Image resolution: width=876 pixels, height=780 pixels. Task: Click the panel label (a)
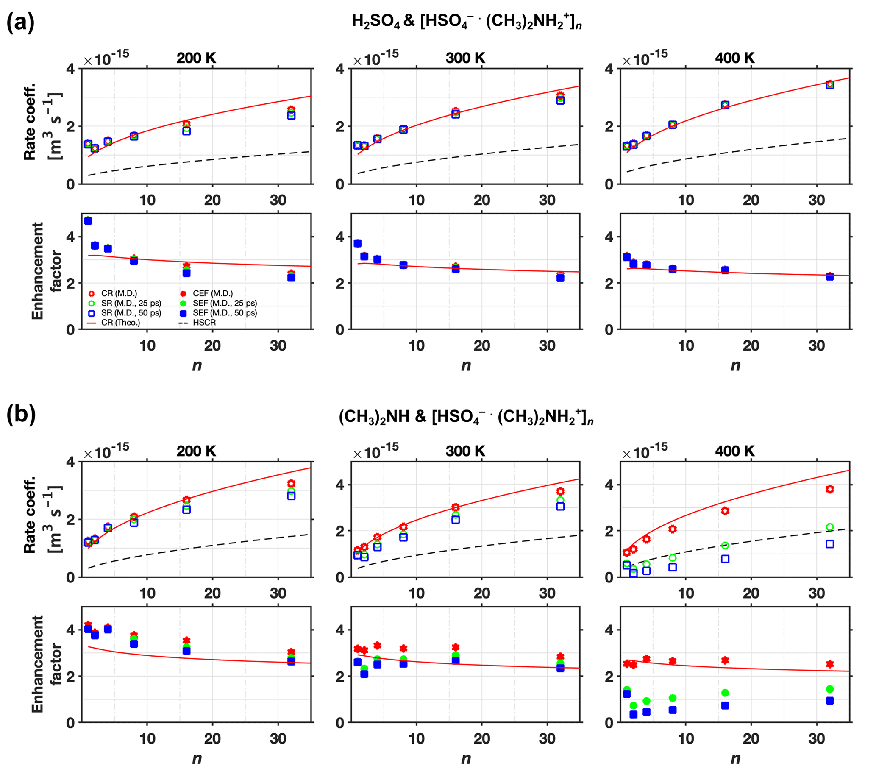[x=20, y=23]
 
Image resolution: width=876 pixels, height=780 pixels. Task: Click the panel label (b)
[x=21, y=415]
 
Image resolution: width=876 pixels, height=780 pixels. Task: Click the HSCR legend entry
[x=204, y=322]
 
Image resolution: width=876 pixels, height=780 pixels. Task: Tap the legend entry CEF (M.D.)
[x=213, y=294]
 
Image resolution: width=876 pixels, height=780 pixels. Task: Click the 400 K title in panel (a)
[x=734, y=58]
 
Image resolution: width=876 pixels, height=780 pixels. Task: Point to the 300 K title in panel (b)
[x=465, y=451]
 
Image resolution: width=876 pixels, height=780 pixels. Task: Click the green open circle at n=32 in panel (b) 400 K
[x=830, y=527]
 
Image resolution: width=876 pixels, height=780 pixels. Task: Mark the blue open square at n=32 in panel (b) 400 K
[x=830, y=544]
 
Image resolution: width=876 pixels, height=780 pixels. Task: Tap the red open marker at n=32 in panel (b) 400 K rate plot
[x=830, y=489]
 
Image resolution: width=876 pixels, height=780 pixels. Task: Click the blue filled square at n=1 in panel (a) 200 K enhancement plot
[x=88, y=221]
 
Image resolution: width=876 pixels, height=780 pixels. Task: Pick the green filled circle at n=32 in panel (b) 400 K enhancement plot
[x=830, y=689]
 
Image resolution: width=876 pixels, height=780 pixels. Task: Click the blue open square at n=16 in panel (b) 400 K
[x=725, y=559]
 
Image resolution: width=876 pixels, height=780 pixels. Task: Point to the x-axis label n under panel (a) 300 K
[x=466, y=365]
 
